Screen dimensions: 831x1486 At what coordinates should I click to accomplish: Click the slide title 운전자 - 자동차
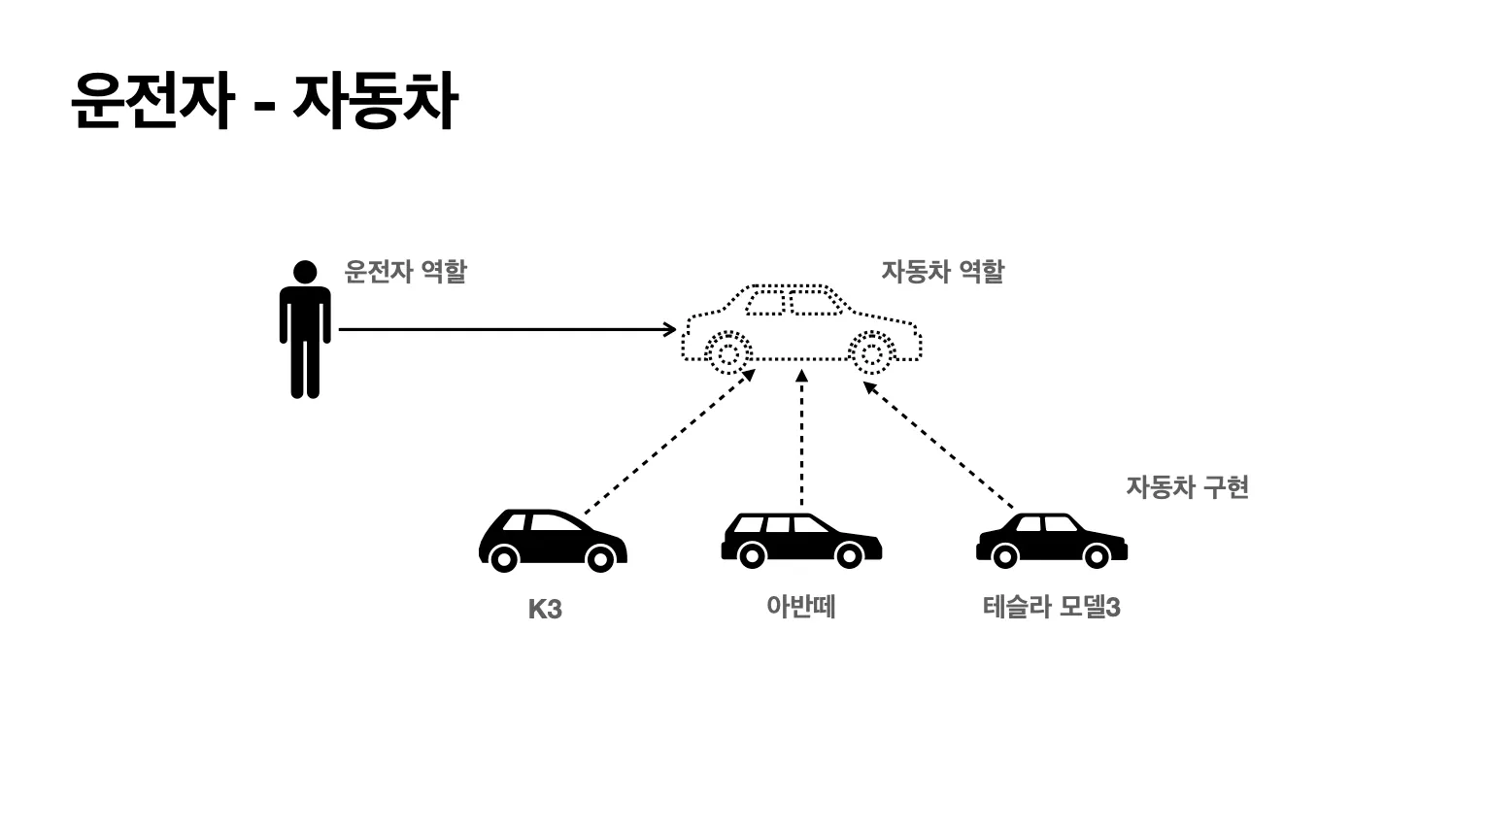[263, 100]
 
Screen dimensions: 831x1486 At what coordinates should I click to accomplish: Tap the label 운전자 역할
[405, 271]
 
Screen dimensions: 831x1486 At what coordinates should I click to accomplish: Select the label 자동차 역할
[942, 271]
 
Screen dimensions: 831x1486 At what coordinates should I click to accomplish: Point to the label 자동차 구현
[1187, 486]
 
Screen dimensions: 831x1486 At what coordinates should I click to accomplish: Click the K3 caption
[545, 610]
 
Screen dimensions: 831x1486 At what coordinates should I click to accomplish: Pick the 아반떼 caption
[800, 608]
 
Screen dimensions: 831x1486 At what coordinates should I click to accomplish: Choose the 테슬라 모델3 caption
[1051, 608]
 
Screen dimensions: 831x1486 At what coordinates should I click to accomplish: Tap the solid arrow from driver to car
[505, 330]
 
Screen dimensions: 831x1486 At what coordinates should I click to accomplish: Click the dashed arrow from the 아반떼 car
[801, 437]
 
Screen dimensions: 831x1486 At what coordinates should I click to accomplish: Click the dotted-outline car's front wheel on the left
[727, 352]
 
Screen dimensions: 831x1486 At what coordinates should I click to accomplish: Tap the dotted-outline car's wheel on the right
[871, 353]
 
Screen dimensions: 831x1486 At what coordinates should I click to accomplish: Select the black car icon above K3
[552, 541]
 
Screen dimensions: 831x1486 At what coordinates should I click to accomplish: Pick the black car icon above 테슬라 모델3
[1051, 541]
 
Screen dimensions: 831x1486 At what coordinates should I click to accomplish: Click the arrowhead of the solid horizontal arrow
[670, 330]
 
